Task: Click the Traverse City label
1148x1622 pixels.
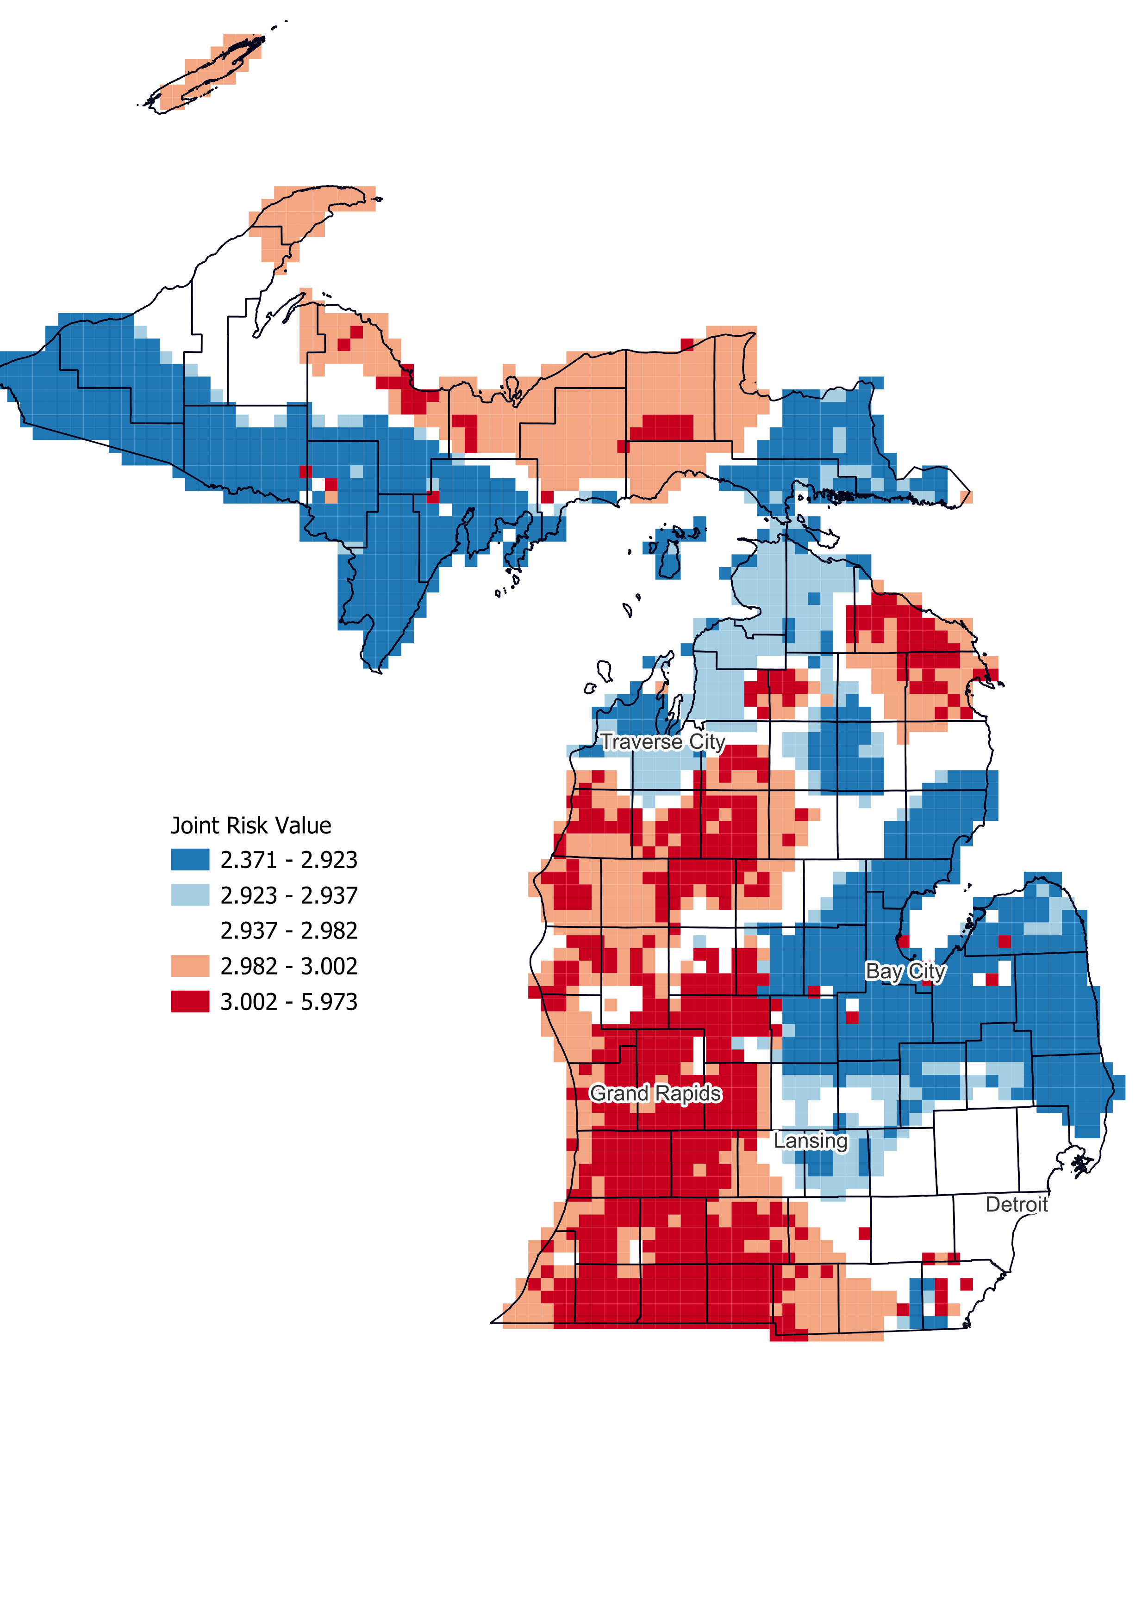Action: [662, 742]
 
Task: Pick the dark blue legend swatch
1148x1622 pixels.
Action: [190, 860]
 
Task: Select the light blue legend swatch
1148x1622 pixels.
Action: [190, 895]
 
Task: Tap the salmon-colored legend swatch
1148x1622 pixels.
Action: [190, 966]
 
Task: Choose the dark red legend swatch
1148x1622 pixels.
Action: [190, 1002]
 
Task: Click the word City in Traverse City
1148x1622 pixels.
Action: [707, 742]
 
